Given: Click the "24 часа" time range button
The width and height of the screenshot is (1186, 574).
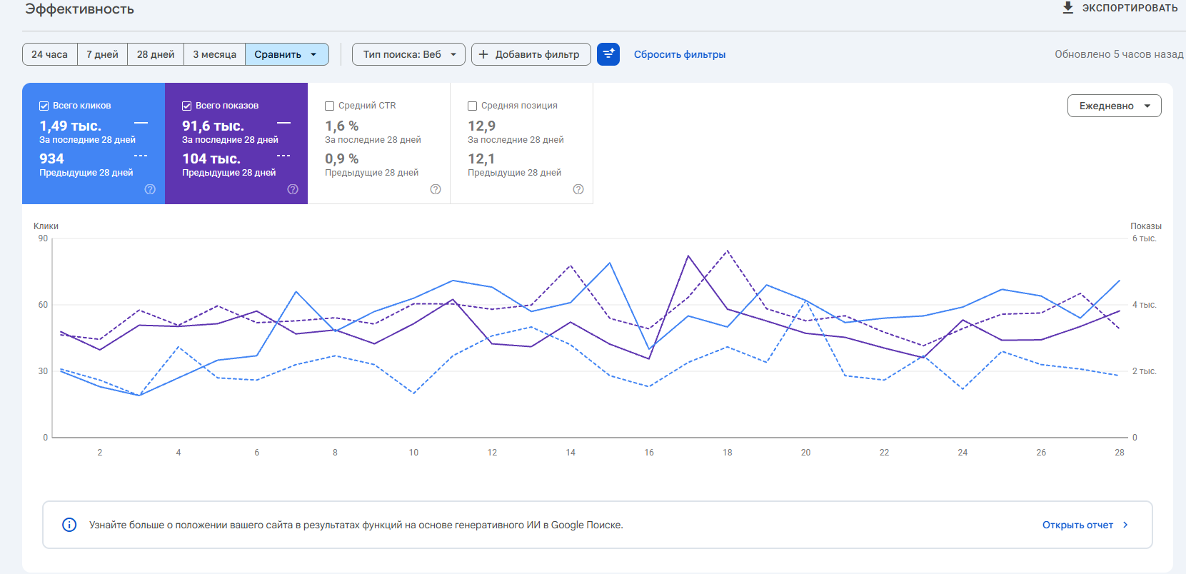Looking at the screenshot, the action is [50, 54].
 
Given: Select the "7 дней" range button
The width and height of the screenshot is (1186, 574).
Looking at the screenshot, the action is [102, 54].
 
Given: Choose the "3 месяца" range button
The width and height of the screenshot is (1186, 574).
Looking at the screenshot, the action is [214, 54].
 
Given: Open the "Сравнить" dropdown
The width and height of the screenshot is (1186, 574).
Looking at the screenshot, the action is [286, 54].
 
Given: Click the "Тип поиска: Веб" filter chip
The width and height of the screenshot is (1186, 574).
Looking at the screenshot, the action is [408, 54].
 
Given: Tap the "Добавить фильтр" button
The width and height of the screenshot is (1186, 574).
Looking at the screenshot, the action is [531, 54].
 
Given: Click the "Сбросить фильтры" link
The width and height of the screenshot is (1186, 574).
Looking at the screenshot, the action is [680, 54].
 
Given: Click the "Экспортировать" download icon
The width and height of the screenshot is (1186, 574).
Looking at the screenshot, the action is [1068, 8].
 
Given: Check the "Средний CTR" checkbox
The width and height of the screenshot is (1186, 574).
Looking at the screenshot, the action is [329, 106].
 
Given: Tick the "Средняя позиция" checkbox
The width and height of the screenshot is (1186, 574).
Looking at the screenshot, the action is [472, 106].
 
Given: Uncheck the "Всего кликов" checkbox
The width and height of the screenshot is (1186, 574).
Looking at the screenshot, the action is [44, 106].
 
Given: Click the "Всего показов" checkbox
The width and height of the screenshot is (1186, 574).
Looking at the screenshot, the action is [186, 106].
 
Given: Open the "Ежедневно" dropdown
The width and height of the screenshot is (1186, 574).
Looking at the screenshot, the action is [1115, 106].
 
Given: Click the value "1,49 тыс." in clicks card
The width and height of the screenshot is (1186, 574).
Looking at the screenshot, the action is [71, 126].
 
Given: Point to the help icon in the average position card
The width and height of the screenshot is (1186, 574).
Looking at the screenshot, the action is [578, 190].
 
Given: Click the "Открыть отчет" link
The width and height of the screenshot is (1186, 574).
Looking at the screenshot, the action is [1077, 525].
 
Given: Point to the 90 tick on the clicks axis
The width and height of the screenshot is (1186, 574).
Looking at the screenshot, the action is [43, 238].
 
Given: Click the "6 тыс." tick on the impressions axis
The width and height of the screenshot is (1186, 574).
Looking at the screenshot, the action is [1144, 238].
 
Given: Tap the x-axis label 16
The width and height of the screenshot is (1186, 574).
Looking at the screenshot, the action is [648, 452].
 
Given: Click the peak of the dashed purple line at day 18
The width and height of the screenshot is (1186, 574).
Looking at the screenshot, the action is [728, 251].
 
